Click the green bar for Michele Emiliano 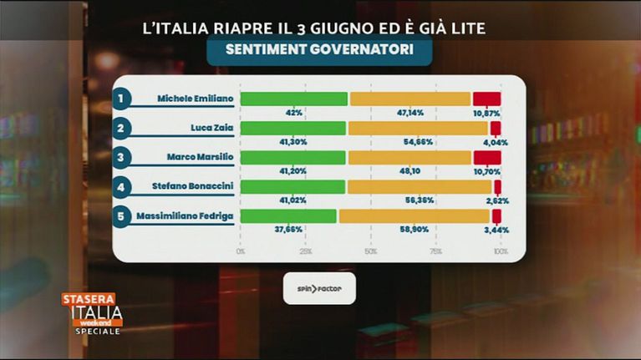[293, 99]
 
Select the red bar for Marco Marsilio [486, 157]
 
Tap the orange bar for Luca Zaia [417, 128]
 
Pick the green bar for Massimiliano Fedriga [288, 215]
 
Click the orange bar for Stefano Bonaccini [419, 186]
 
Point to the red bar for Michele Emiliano [486, 99]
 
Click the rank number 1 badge [122, 99]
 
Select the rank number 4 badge [122, 187]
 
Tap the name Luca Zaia [211, 128]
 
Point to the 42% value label [293, 112]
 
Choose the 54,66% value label [418, 141]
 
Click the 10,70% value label [486, 170]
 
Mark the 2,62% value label [496, 200]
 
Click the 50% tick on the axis [370, 251]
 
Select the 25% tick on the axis [305, 251]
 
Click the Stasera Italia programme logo [92, 314]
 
